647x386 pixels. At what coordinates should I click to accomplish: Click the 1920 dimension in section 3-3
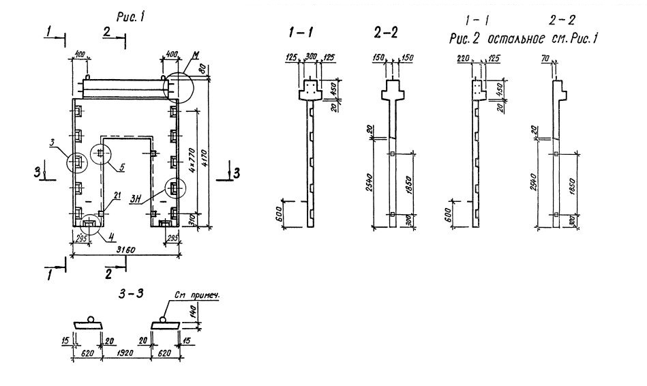point(125,355)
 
